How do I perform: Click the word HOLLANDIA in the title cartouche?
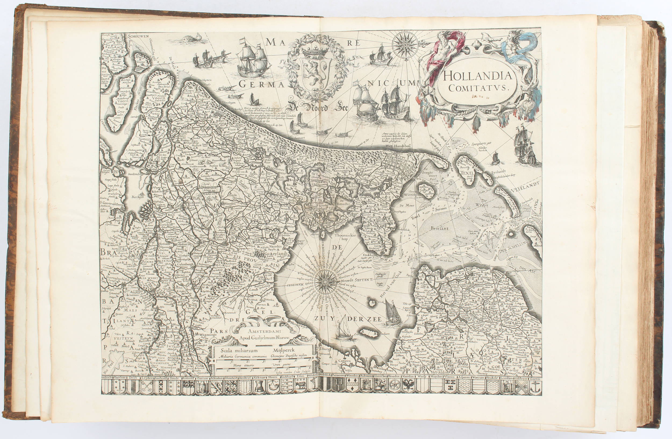coord(477,75)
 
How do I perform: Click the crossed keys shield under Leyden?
coord(147,387)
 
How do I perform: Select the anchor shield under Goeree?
coord(536,387)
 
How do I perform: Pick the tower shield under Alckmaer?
coord(259,387)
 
